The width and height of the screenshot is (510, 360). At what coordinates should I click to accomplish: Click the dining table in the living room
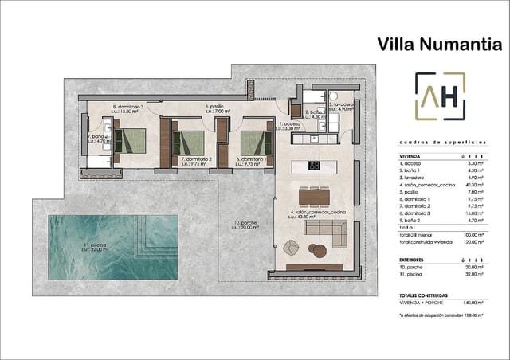coord(314,194)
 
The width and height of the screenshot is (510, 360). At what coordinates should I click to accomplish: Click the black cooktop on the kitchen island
coord(314,166)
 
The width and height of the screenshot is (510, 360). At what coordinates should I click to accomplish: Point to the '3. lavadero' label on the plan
coord(342,104)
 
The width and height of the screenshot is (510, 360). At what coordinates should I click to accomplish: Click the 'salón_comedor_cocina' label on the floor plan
coord(318,213)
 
